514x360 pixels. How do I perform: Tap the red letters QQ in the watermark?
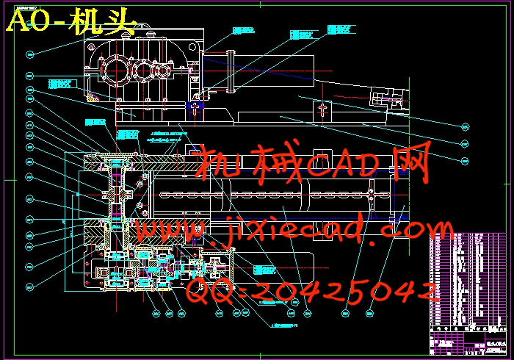(211, 292)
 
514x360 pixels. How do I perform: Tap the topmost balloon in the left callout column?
(30, 54)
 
